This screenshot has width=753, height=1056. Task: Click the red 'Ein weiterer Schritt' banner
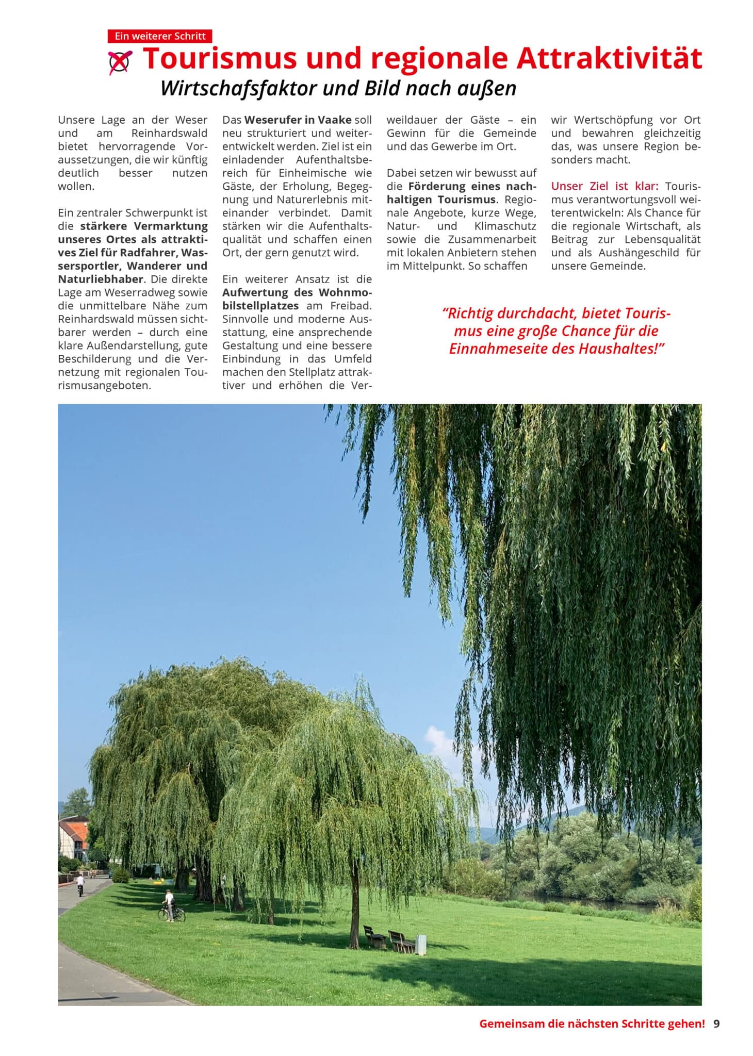(159, 36)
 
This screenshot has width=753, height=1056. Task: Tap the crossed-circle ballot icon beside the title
(120, 62)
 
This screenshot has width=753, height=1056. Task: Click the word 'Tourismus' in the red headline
(219, 58)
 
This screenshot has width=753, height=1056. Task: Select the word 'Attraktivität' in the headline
(609, 58)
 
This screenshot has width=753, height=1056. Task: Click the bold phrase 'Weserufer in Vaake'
(298, 120)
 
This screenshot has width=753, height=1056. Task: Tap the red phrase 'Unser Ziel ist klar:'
(604, 186)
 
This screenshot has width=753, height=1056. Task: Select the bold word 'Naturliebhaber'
(101, 279)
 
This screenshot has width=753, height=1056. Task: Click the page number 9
(716, 1024)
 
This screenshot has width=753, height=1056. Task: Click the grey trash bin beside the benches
(421, 944)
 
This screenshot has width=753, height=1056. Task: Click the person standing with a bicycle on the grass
(169, 905)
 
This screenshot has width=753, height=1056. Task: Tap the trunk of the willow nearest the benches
(354, 907)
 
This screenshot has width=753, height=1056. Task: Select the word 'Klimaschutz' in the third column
(505, 226)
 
